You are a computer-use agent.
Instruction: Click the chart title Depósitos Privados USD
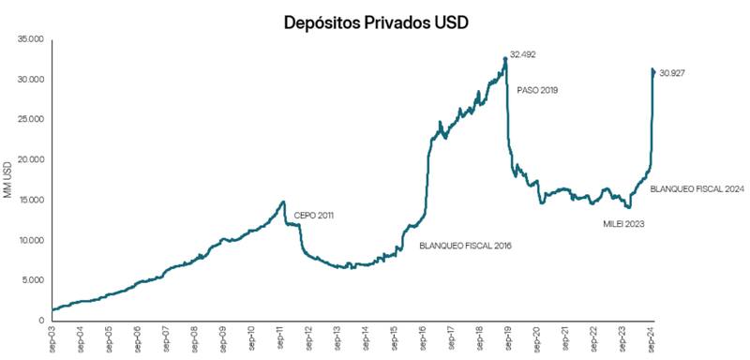pyautogui.click(x=374, y=21)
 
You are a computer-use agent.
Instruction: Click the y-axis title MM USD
pyautogui.click(x=8, y=179)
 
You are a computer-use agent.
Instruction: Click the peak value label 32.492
pyautogui.click(x=522, y=55)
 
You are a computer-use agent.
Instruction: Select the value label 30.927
pyautogui.click(x=673, y=72)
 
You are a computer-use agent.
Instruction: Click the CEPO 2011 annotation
pyautogui.click(x=313, y=216)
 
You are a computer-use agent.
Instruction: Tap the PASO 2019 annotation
pyautogui.click(x=537, y=90)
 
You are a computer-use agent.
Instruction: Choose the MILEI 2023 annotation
pyautogui.click(x=623, y=224)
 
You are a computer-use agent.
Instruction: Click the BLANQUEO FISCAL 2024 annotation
pyautogui.click(x=697, y=189)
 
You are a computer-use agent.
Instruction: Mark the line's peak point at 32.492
pyautogui.click(x=505, y=58)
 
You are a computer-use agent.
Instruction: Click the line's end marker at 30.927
pyautogui.click(x=653, y=70)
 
